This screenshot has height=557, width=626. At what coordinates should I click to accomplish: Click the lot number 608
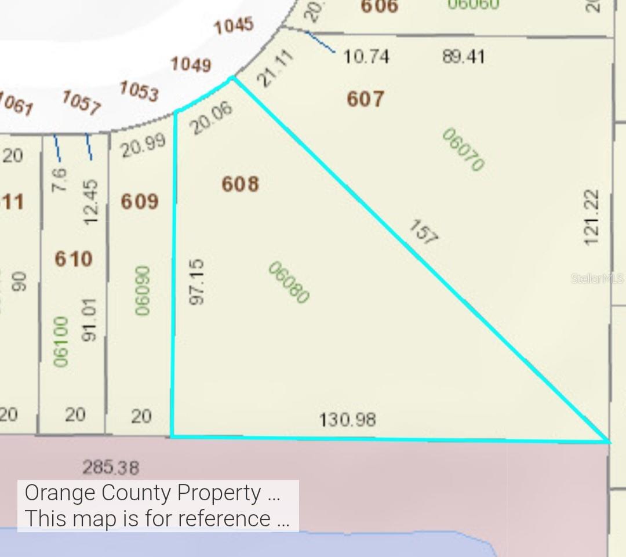point(240,184)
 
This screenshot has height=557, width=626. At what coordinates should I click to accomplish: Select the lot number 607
point(365,99)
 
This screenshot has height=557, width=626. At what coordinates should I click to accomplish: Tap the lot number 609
point(140,202)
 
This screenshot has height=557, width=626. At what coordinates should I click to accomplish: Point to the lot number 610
point(74,259)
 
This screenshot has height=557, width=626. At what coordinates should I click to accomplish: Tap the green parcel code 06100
point(61,341)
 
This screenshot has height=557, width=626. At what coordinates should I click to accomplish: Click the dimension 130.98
point(347,418)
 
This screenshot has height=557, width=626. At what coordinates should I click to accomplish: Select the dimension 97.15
point(197,282)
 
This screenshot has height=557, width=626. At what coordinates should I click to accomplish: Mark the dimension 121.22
point(591,217)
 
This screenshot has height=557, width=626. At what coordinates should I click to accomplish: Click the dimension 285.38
point(111,467)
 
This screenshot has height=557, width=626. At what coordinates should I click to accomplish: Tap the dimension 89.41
point(463,57)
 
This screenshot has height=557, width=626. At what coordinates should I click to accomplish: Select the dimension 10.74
point(366,57)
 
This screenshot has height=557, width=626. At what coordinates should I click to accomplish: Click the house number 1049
point(191,64)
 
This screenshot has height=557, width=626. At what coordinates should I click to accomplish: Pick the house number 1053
point(139,91)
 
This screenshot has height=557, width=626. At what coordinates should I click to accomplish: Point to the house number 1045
point(234,26)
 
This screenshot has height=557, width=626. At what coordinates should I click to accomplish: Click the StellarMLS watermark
point(597,279)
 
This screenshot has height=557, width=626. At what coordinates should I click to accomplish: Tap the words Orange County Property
point(143,493)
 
